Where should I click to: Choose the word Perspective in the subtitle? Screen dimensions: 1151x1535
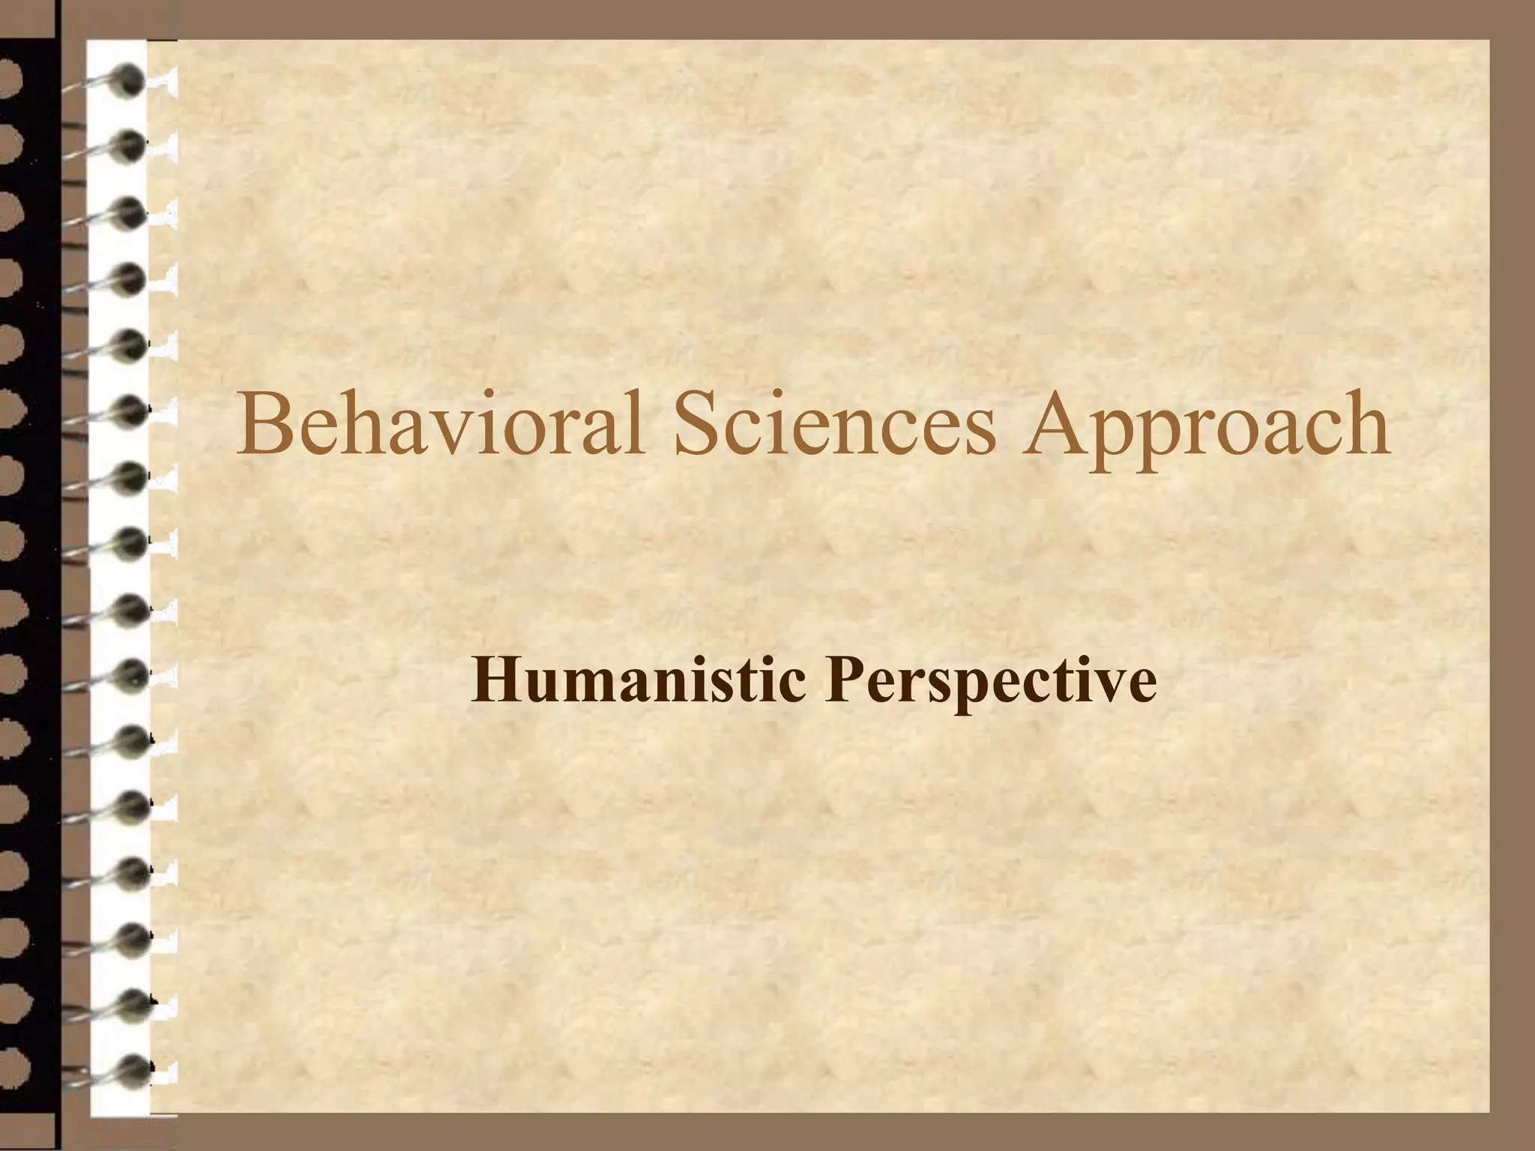(990, 686)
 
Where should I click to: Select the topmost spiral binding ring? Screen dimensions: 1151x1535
(129, 77)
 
